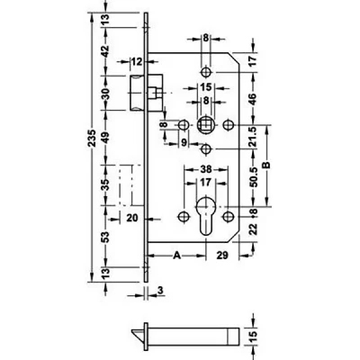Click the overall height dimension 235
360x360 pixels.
(93, 138)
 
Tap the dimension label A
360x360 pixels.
(177, 256)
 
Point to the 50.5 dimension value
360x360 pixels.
(254, 177)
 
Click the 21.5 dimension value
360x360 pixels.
(254, 137)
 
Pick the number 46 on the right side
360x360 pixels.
(253, 99)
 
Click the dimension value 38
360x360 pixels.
(206, 169)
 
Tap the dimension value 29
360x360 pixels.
(222, 256)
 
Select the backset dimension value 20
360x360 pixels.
(131, 218)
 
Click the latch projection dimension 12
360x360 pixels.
(136, 62)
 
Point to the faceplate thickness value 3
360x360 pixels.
(160, 290)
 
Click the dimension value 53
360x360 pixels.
(106, 237)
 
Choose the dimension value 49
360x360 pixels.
(106, 137)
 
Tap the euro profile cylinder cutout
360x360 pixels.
(205, 215)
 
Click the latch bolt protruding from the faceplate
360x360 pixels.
(138, 93)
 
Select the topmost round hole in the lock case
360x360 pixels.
(205, 72)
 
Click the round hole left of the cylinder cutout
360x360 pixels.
(183, 216)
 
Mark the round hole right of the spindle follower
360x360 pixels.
(229, 125)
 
